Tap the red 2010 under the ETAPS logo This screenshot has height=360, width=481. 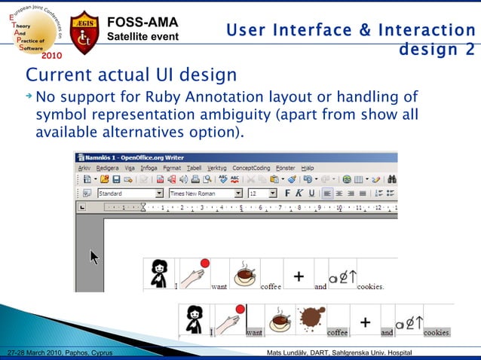tap(52, 55)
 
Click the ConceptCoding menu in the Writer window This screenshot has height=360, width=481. tap(253, 168)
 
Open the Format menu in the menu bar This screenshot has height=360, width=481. tap(172, 168)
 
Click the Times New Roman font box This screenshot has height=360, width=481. tap(200, 194)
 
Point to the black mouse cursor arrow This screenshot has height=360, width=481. tap(95, 257)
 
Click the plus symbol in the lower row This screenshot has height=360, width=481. tap(365, 322)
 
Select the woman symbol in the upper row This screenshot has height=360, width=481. tap(159, 273)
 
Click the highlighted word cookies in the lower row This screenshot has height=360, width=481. tap(437, 333)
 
